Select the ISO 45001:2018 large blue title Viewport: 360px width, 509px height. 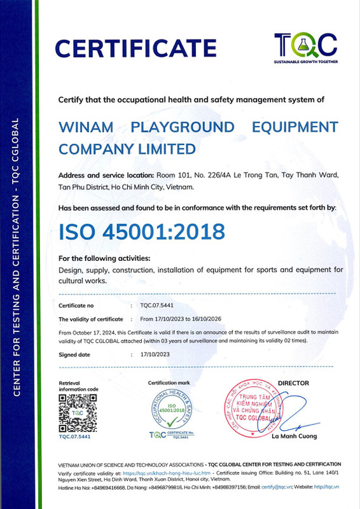point(141,232)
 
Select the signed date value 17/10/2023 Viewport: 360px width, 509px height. point(154,355)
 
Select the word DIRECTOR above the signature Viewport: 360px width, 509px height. point(293,383)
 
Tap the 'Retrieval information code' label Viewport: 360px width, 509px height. point(79,386)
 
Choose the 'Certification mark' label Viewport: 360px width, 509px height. point(169,383)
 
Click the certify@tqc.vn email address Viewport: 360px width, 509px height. point(264,487)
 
